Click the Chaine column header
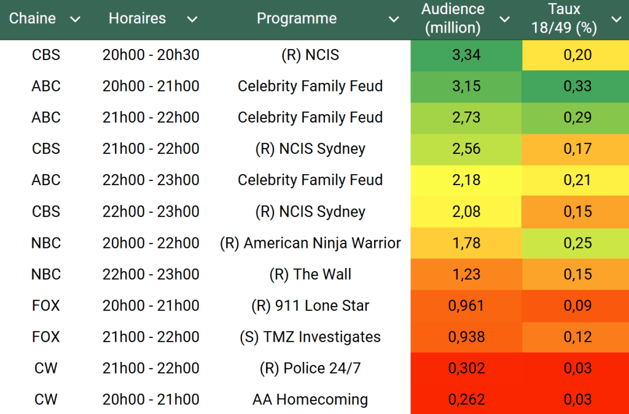click(x=32, y=18)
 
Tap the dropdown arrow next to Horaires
click(x=192, y=19)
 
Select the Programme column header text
click(x=296, y=18)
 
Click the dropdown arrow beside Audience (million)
click(x=504, y=19)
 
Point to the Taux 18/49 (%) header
click(x=565, y=18)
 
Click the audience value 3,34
click(x=466, y=55)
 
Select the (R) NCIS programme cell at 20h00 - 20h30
click(x=310, y=55)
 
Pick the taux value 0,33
click(x=577, y=86)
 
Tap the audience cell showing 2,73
click(x=466, y=118)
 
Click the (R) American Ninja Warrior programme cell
click(x=310, y=243)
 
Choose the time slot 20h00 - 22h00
click(x=150, y=243)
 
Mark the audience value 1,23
click(x=466, y=274)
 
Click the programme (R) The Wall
click(x=310, y=274)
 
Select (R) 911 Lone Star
click(x=310, y=305)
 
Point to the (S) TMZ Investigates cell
click(x=310, y=337)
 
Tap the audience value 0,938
click(x=466, y=337)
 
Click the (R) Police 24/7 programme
click(x=310, y=368)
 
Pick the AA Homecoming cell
click(x=310, y=399)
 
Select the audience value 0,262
click(x=466, y=399)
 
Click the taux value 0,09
click(x=577, y=305)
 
